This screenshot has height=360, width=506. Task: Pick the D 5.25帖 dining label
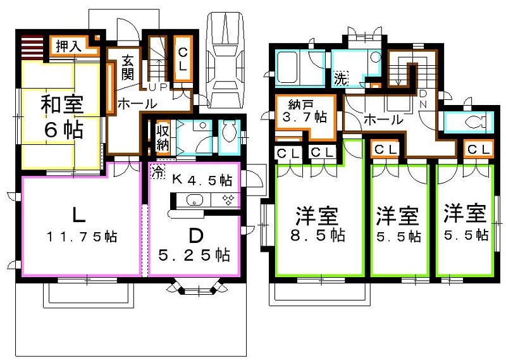[195, 245]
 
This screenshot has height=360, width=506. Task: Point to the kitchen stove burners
[227, 201]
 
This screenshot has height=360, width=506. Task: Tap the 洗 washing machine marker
[340, 80]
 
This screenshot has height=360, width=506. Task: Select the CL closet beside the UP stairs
[182, 57]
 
